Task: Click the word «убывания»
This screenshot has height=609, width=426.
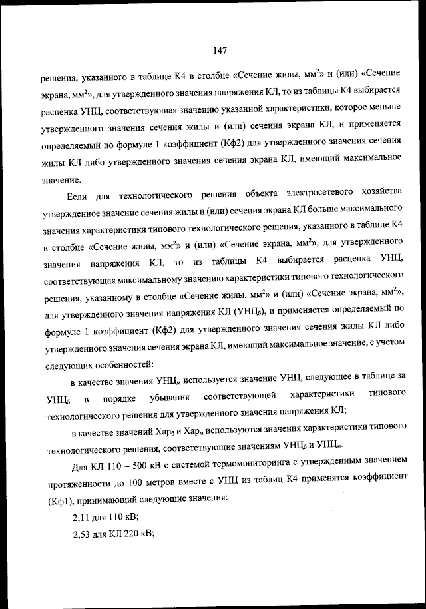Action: point(164,398)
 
